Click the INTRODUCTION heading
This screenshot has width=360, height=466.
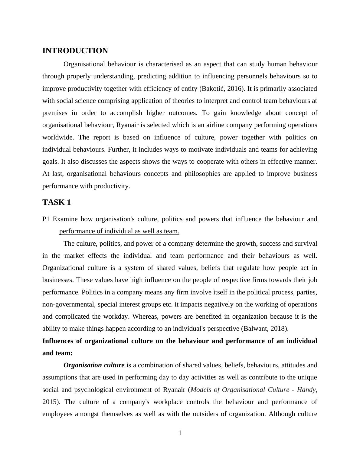tap(75, 51)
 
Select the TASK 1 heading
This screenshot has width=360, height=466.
tap(57, 202)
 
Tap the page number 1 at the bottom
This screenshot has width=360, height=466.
tap(180, 433)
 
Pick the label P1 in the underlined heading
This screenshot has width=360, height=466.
tap(46, 219)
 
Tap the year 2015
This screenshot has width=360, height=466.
tap(49, 402)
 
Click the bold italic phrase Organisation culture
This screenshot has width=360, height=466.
tap(94, 365)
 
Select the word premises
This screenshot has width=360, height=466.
tap(55, 113)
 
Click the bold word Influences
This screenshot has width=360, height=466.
tap(57, 341)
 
